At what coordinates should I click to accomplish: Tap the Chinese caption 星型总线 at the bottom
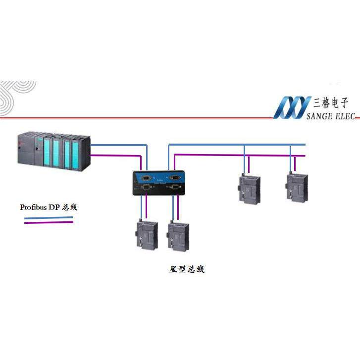point(187,269)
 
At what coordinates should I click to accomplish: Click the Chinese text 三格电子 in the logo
point(331,103)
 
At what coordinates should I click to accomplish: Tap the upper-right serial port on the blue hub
point(174,177)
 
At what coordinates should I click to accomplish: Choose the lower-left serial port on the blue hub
point(147,187)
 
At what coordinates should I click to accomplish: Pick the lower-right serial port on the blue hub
point(174,187)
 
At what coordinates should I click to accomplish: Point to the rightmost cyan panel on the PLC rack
point(75,150)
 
